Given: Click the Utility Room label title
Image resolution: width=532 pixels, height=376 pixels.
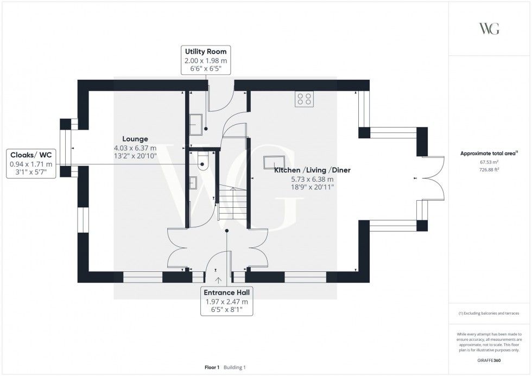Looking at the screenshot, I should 205,52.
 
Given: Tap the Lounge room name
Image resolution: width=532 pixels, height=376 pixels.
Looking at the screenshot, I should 135,139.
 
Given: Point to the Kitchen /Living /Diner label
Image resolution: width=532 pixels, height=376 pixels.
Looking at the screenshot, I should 312,170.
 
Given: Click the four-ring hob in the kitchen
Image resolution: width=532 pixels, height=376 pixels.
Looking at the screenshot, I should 304,99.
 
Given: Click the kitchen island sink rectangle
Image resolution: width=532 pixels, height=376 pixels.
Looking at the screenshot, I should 274,162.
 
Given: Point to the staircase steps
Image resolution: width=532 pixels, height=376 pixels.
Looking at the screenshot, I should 232,203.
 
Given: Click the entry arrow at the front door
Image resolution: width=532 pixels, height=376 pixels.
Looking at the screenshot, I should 219,280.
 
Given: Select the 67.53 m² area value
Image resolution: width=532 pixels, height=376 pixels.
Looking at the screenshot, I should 489,161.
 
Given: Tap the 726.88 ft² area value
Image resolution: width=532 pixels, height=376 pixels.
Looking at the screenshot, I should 489,169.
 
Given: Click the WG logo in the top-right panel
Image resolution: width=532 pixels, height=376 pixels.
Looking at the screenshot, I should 489,29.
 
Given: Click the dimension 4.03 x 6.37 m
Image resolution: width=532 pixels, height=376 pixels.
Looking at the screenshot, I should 135,148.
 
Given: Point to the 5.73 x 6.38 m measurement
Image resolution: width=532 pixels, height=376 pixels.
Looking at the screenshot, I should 312,179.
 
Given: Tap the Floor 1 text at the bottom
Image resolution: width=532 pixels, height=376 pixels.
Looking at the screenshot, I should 212,367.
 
